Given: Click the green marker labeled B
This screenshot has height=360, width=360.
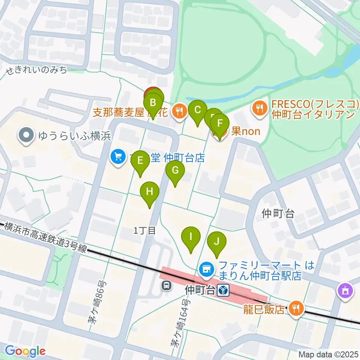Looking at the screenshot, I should [x=153, y=102].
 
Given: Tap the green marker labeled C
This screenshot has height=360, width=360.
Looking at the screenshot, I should [x=198, y=110].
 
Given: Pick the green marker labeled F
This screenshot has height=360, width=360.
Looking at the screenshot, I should [x=220, y=123].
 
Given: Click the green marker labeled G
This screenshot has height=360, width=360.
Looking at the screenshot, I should [x=175, y=170].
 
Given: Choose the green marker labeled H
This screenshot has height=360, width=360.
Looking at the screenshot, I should [x=150, y=192].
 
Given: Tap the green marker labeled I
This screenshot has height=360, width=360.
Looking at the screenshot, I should [x=191, y=237].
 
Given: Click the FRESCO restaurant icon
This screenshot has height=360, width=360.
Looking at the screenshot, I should [x=259, y=109].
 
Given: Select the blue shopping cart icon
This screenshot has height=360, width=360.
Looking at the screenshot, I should [x=118, y=156].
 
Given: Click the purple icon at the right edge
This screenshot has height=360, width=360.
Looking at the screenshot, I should [x=345, y=291].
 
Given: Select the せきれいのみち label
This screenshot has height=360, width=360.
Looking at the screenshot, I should [x=36, y=70].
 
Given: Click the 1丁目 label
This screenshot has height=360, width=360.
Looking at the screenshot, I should [x=144, y=230].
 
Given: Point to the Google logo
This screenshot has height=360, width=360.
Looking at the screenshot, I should [x=25, y=351].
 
